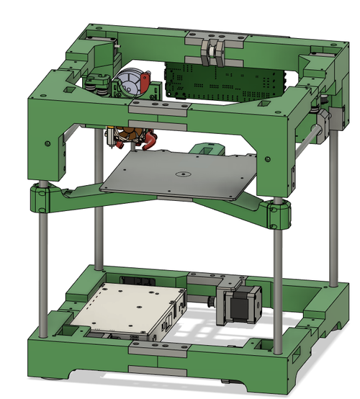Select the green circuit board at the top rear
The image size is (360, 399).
point(223,80)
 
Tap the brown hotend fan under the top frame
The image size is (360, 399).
point(130,135)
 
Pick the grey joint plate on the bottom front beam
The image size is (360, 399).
point(157,348)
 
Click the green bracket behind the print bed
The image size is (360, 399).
point(208,149)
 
